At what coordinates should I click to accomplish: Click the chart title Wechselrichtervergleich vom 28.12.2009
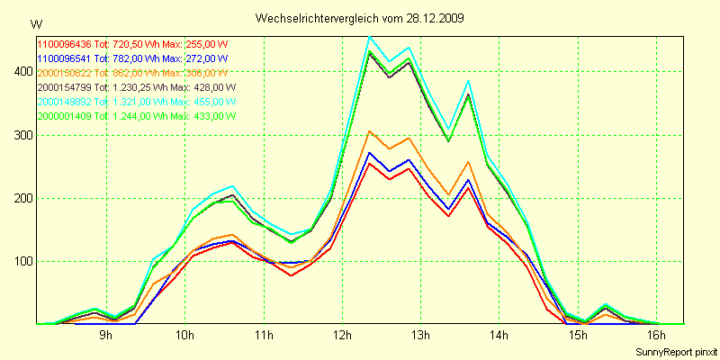359,18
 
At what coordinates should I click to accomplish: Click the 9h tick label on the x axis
105,336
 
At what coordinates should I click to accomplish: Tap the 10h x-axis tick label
184,336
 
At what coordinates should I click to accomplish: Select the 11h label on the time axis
263,336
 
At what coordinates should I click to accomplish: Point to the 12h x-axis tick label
342,336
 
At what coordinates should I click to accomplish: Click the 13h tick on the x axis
420,336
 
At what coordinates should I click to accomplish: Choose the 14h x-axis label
499,336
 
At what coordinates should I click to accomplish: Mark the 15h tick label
578,336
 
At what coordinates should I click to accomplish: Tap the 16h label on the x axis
657,336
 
